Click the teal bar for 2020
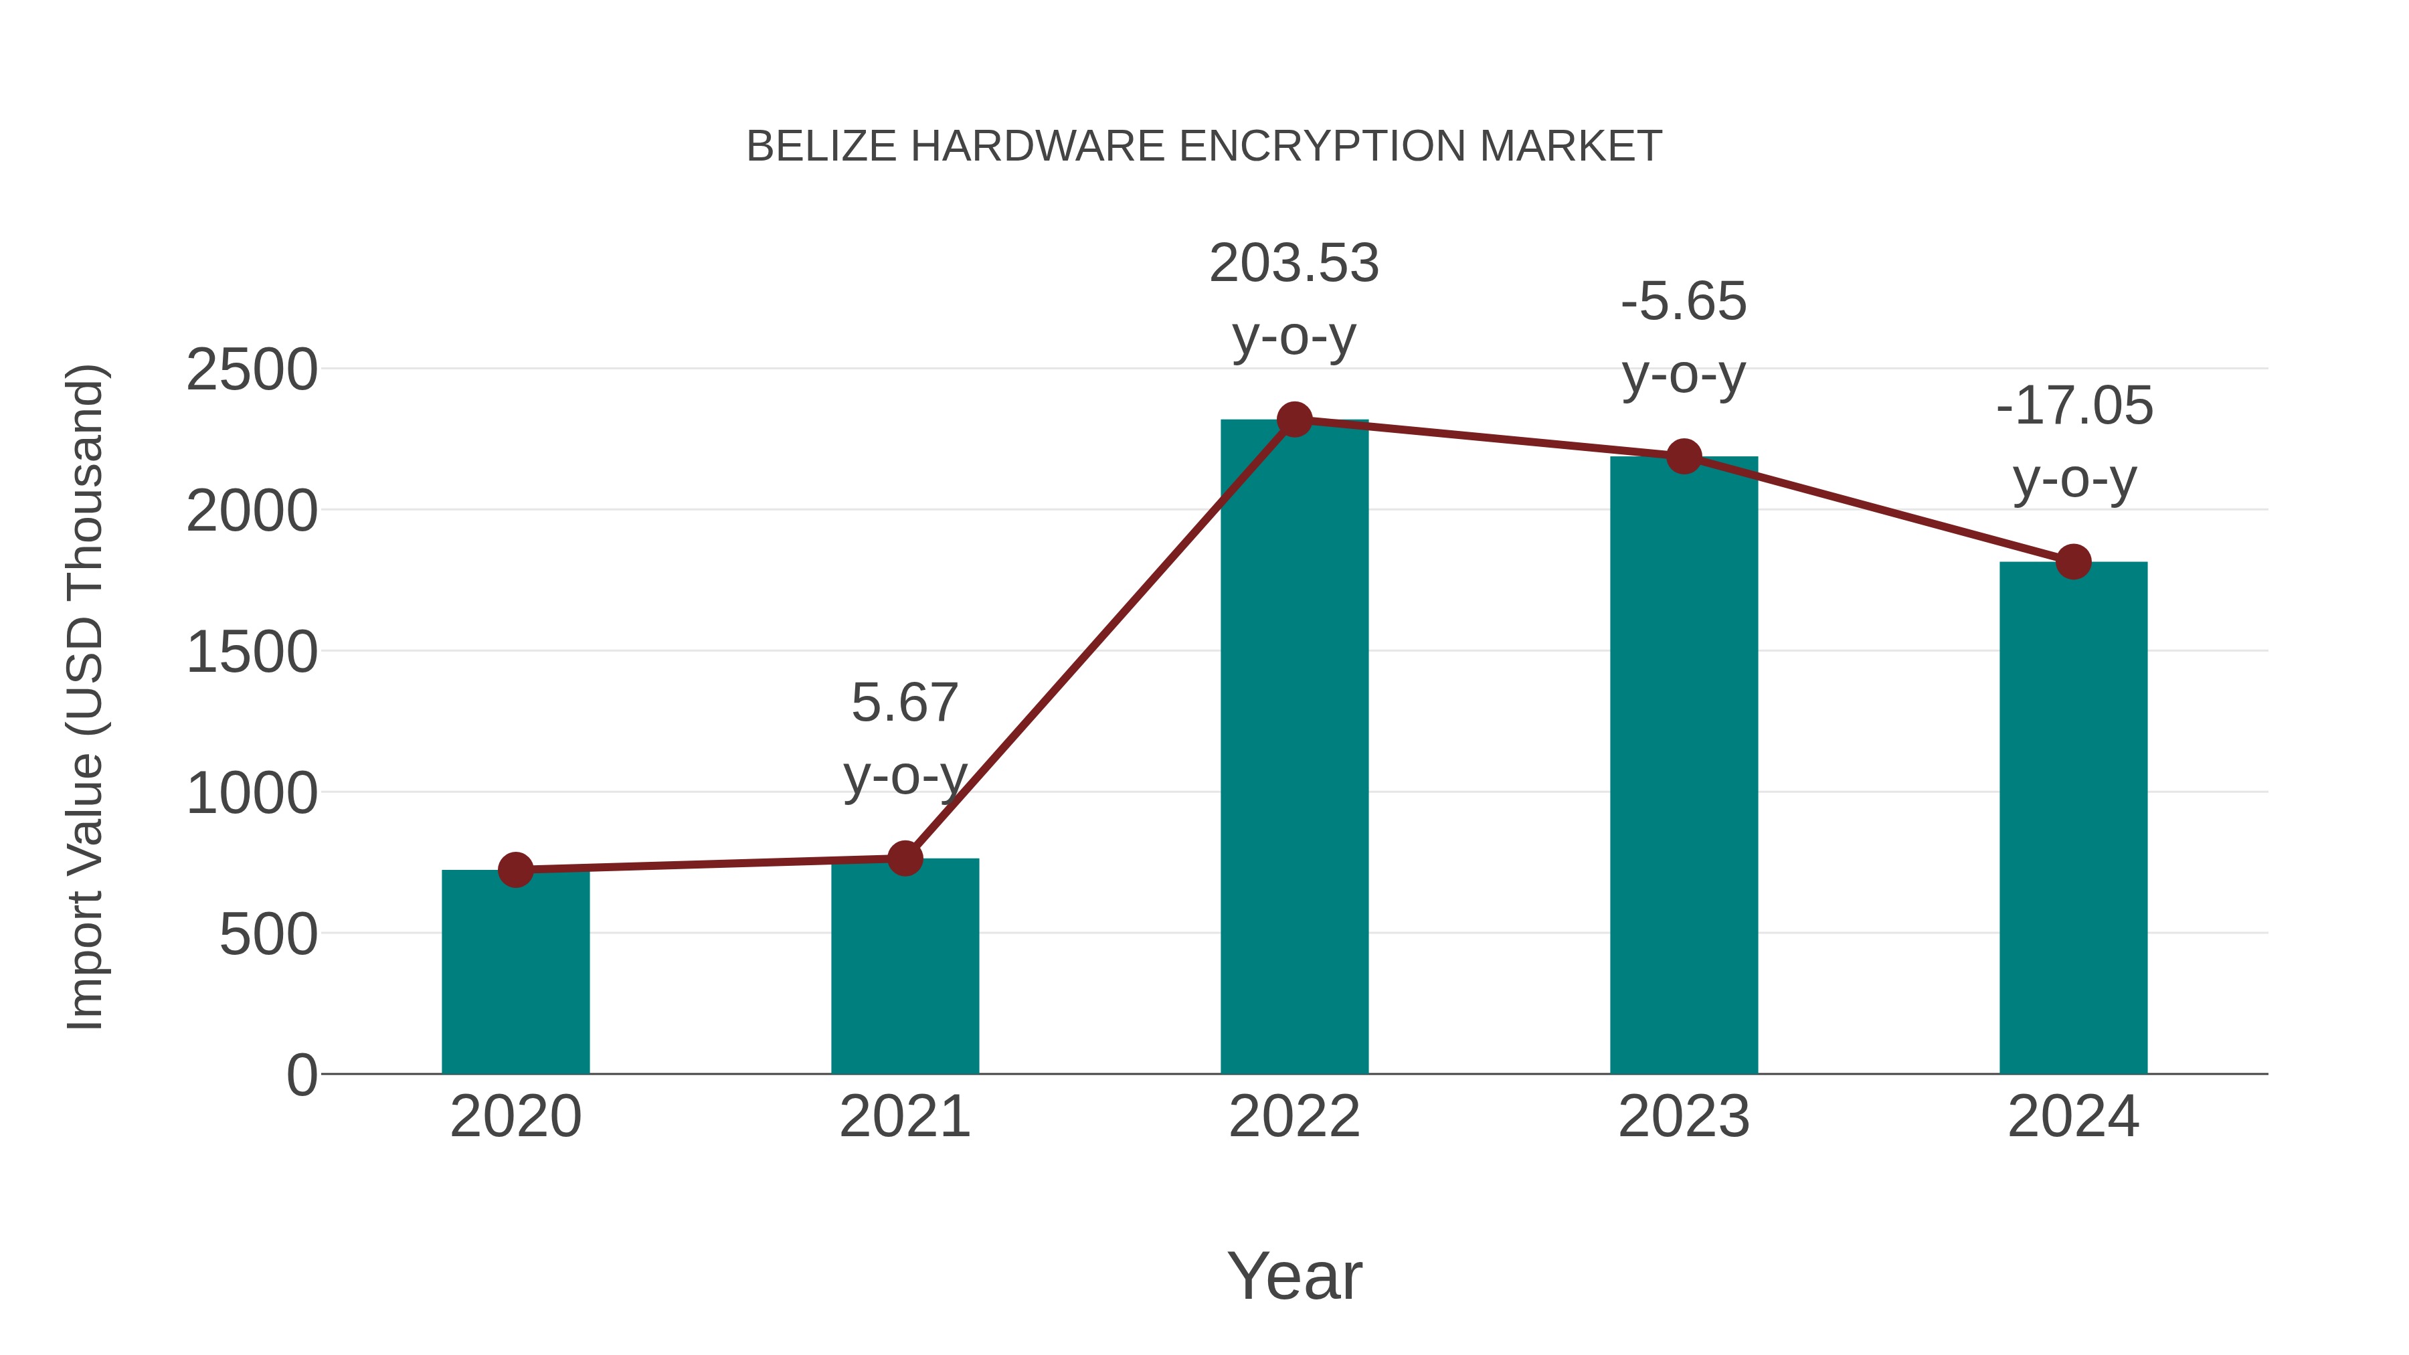515,972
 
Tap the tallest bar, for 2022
1294,748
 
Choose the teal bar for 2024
2073,818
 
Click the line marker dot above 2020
515,871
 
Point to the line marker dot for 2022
1294,420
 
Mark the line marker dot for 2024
2073,562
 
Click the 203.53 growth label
1294,264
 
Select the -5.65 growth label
1684,302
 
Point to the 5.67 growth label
904,703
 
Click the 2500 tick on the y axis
252,370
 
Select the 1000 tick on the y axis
252,794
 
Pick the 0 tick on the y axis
301,1075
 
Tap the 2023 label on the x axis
1684,1117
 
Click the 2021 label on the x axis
904,1117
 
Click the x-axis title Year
1294,1277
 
